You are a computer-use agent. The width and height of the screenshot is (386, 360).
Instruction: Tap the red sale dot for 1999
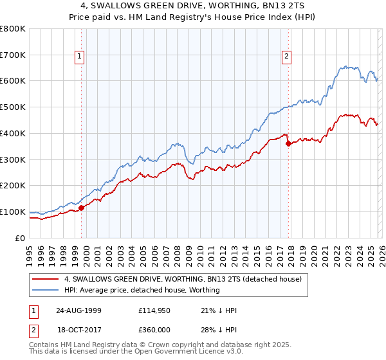[x=82, y=207]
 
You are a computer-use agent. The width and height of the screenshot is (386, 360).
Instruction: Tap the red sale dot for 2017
[x=288, y=143]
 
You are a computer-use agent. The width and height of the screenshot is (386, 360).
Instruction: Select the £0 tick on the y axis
[x=21, y=238]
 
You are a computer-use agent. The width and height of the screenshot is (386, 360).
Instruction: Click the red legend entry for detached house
[x=187, y=280]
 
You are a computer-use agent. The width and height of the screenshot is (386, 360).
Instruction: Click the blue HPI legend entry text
[x=142, y=291]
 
